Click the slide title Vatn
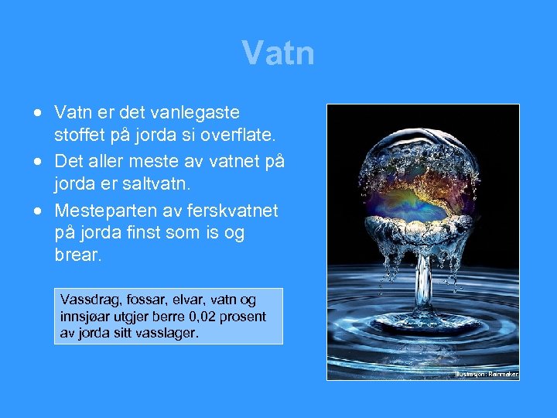(278, 53)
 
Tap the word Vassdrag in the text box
(86, 300)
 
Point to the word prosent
(243, 317)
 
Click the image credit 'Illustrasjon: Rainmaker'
(486, 374)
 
